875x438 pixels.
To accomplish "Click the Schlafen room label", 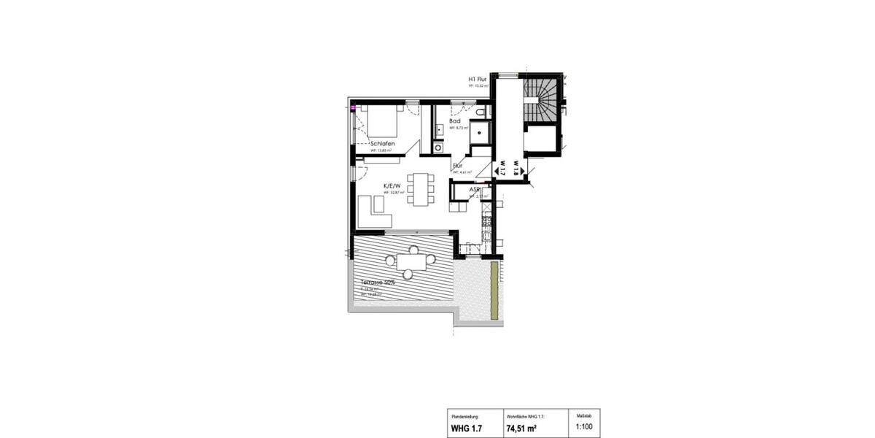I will click(x=382, y=144).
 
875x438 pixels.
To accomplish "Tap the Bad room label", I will click(x=454, y=121).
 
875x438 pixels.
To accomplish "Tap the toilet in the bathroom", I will click(x=482, y=112).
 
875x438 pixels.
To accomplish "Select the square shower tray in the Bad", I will click(x=479, y=133).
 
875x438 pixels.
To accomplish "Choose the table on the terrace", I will click(x=413, y=261).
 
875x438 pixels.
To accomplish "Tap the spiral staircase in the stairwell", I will click(x=541, y=99).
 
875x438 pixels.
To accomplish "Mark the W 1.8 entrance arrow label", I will click(x=516, y=169).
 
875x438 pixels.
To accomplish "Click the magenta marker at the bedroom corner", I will click(x=354, y=107).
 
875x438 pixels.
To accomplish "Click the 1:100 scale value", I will click(x=584, y=429).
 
